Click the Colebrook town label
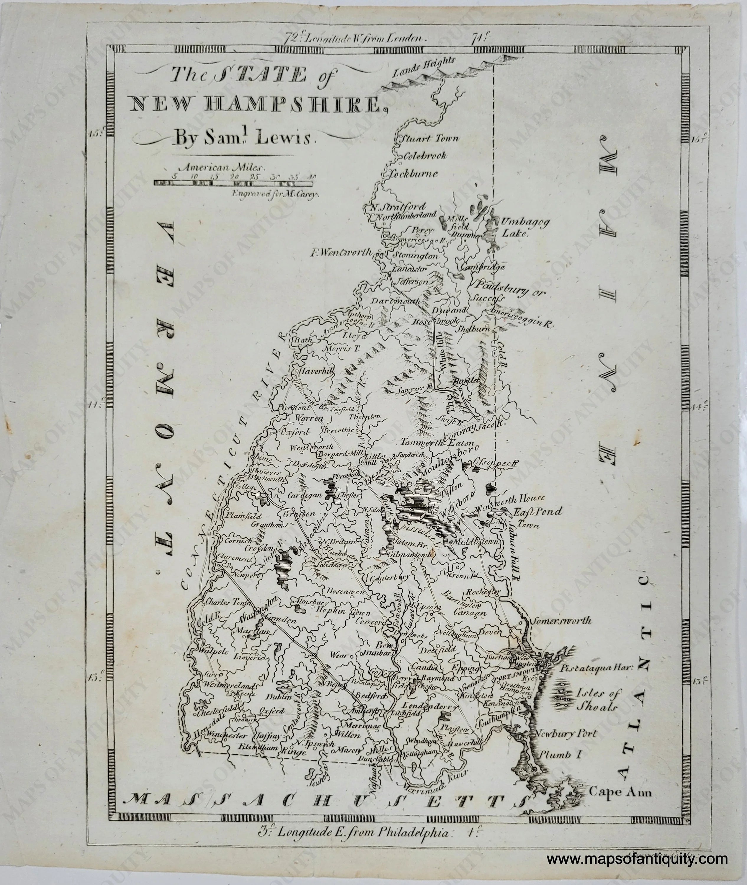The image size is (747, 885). pos(425,156)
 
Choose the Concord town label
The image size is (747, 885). pos(370,622)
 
